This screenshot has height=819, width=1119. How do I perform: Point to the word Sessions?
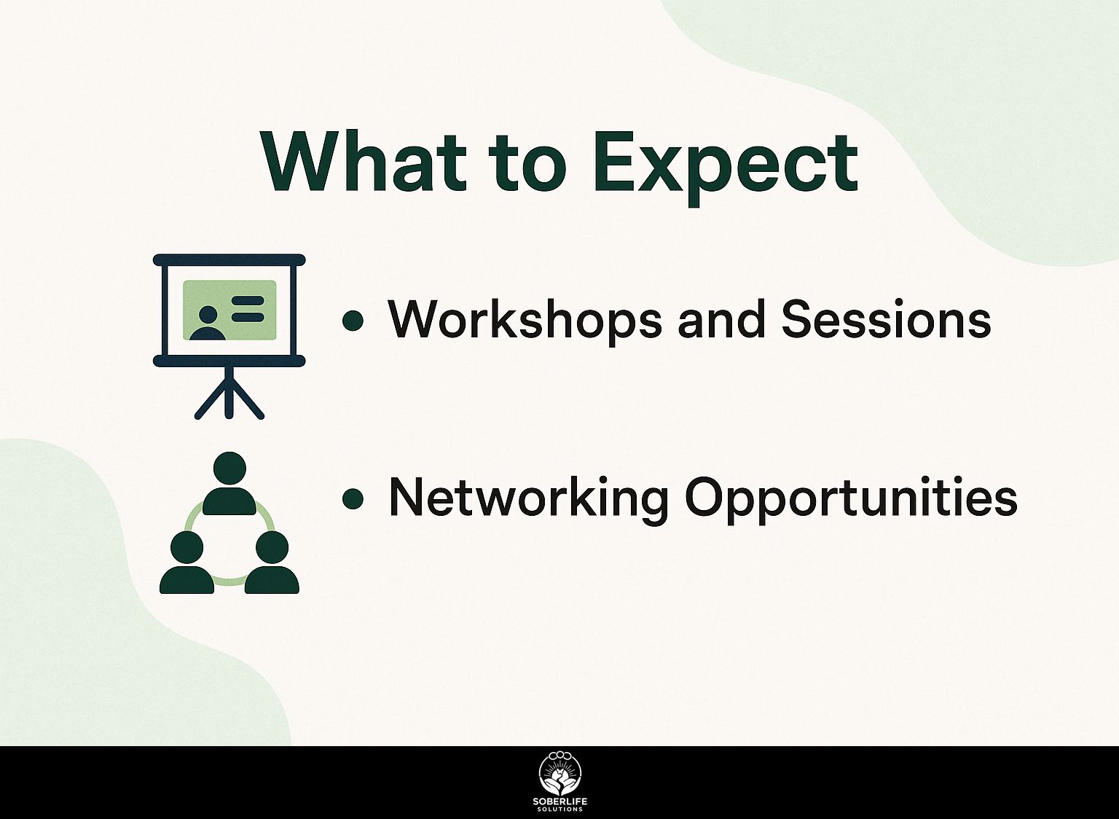tap(885, 320)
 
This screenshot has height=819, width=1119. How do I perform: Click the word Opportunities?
tap(851, 501)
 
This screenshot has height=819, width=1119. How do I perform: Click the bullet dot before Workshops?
tap(353, 321)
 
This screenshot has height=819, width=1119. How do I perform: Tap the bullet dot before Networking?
tap(353, 499)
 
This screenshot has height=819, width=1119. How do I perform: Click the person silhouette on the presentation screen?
tap(208, 324)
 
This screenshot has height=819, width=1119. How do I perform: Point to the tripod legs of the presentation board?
tap(229, 393)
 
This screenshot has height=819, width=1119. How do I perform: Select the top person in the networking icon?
tap(229, 482)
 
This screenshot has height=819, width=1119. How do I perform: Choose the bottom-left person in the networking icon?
tap(186, 563)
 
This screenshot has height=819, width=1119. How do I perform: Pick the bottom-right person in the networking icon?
tap(272, 563)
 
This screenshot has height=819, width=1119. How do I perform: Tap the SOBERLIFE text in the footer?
tap(559, 802)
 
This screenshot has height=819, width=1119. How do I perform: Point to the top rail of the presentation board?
tap(229, 260)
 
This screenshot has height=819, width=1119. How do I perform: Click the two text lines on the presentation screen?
tap(247, 308)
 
